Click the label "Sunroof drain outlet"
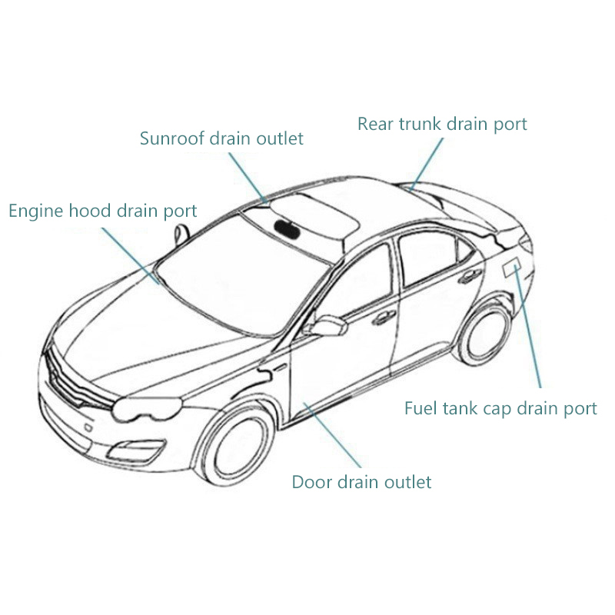tap(221, 138)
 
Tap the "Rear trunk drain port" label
tap(442, 124)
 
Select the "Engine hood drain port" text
tap(103, 211)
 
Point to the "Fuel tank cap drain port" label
tap(500, 408)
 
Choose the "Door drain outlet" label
tap(361, 483)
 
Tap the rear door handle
tap(465, 278)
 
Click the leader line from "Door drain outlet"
tap(334, 434)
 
